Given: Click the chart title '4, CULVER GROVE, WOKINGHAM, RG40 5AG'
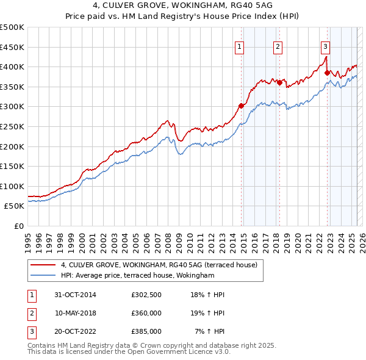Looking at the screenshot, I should [182, 5].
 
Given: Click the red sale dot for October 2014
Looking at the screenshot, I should [241, 106].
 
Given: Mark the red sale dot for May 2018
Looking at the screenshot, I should [279, 82].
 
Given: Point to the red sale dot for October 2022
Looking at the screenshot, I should [327, 73].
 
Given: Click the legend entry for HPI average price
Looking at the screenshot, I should [138, 276].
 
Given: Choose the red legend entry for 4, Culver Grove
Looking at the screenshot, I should [159, 265].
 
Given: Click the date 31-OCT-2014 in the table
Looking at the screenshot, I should [75, 295].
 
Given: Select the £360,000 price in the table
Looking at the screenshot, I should [146, 313].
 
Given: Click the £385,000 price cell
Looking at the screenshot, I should [146, 331].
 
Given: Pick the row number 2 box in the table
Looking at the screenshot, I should [31, 313].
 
